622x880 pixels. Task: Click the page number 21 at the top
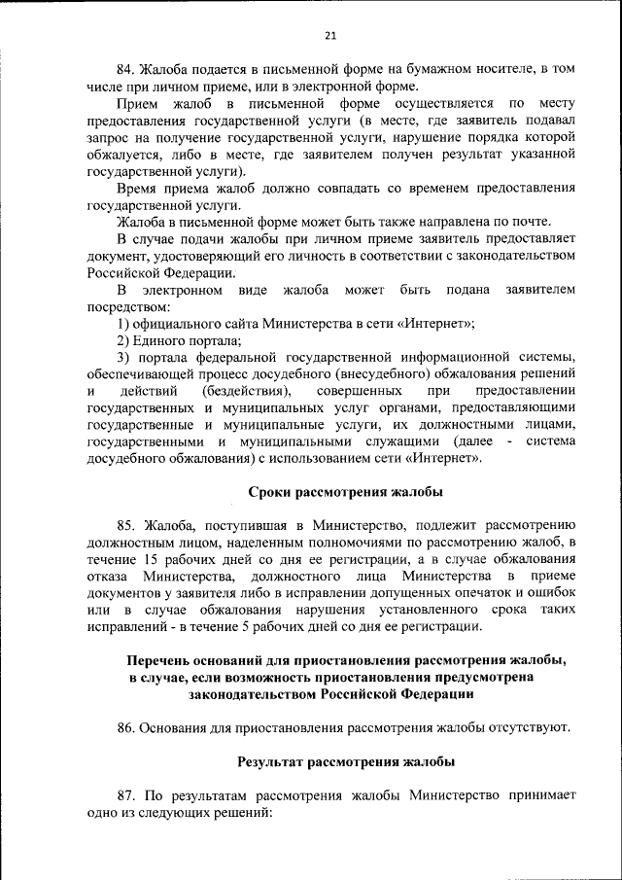click(x=329, y=36)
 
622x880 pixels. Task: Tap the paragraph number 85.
click(x=126, y=525)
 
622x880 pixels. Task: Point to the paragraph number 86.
click(x=126, y=727)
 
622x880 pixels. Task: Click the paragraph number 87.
click(x=126, y=794)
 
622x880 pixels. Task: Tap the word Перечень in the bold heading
click(x=157, y=660)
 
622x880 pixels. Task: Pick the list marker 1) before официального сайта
click(x=122, y=324)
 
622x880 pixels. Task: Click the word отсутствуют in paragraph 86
click(x=527, y=727)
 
